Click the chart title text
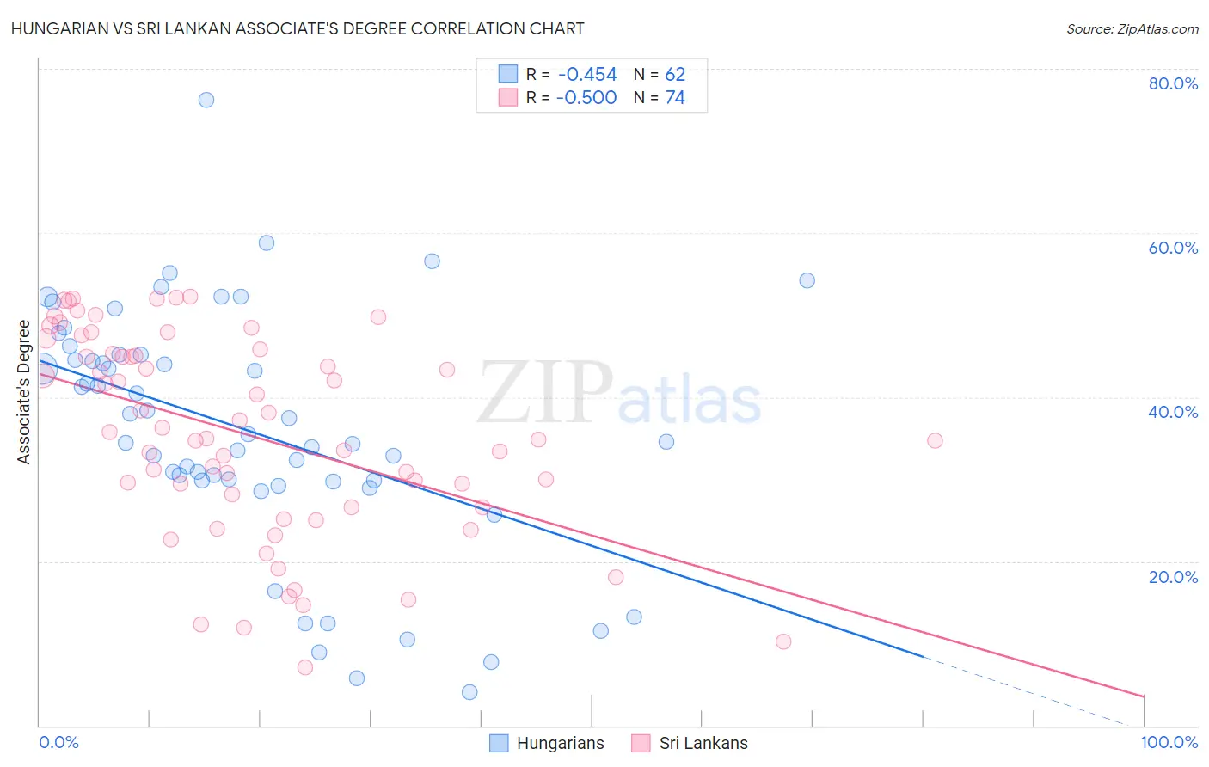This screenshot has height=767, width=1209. (298, 28)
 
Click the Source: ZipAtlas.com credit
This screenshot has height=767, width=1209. (1132, 28)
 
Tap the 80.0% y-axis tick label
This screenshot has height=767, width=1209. (1173, 83)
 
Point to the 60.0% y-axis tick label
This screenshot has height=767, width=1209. (1173, 248)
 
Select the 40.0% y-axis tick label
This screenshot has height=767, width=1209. (1173, 412)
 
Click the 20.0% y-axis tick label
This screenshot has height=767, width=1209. (1173, 576)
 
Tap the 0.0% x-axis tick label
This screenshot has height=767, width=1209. (58, 742)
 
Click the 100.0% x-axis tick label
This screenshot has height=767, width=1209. (1169, 742)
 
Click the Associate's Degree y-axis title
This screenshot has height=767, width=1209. (24, 391)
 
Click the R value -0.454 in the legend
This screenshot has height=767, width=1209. (587, 75)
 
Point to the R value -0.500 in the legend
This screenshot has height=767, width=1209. (587, 98)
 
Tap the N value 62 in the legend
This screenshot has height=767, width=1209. (675, 75)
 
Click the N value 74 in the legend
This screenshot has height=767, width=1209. (675, 98)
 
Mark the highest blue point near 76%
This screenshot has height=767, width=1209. (206, 100)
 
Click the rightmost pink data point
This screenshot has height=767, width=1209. (935, 440)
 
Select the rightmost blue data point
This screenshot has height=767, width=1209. (807, 280)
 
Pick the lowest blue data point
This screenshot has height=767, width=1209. (469, 692)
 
